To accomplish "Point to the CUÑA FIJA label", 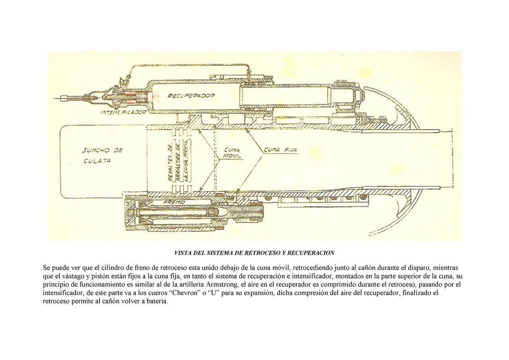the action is [281, 150].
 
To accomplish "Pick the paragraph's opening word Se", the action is [47, 267].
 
